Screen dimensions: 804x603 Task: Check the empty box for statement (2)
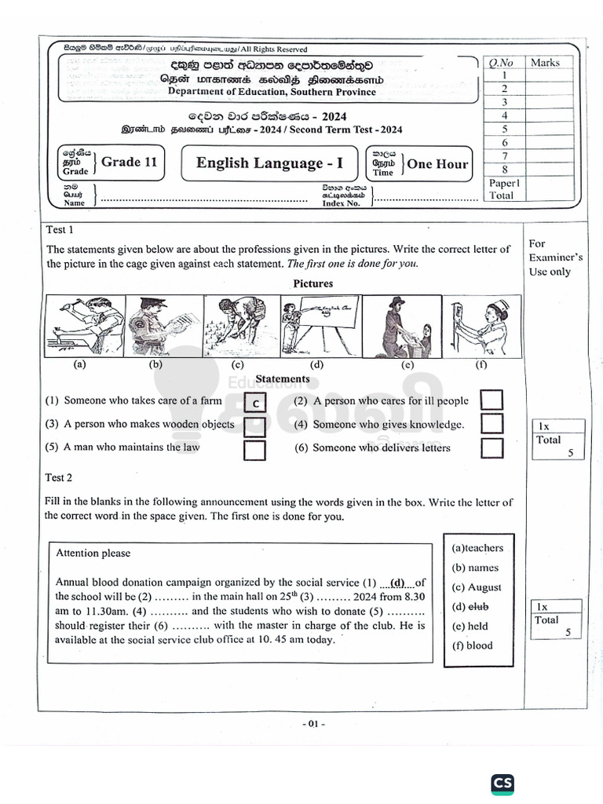click(x=492, y=400)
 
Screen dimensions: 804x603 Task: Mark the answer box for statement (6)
click(x=492, y=448)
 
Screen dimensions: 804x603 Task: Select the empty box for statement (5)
click(x=255, y=451)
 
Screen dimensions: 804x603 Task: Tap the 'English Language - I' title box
click(x=269, y=163)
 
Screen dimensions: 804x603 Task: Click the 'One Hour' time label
click(x=437, y=164)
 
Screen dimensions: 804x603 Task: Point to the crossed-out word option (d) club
click(x=470, y=606)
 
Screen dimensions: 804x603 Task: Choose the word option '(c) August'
click(x=476, y=587)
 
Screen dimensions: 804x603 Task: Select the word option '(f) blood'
click(x=472, y=645)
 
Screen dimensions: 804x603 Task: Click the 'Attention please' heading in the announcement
click(x=93, y=553)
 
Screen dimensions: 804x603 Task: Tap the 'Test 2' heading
click(x=59, y=477)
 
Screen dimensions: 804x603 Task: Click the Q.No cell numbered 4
click(x=504, y=115)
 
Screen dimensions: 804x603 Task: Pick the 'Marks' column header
click(x=545, y=62)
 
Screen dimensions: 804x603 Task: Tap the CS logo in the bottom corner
click(x=502, y=784)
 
